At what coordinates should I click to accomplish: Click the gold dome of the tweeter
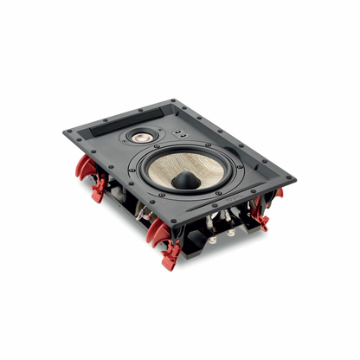[x=141, y=137]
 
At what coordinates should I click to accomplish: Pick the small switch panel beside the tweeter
[x=177, y=135]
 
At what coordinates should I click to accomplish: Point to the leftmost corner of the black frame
[x=65, y=132]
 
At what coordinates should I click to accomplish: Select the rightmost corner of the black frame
[x=294, y=178]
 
